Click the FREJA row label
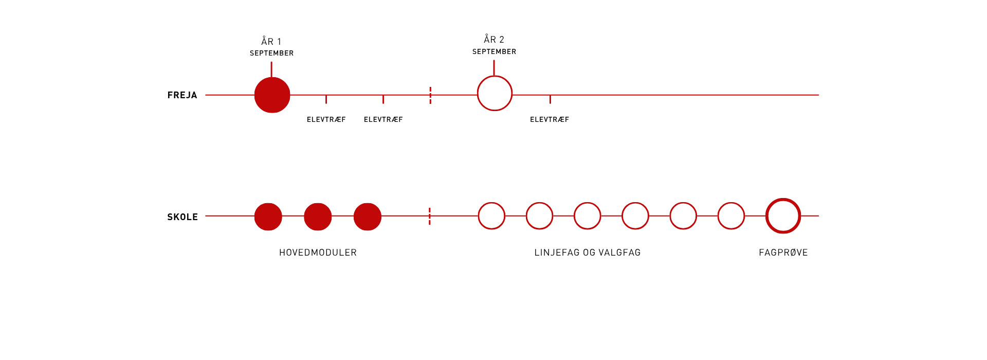click(182, 95)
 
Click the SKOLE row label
click(182, 217)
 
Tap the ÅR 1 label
click(271, 41)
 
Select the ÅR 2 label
click(494, 39)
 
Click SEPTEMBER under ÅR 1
click(271, 53)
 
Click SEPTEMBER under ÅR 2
click(494, 51)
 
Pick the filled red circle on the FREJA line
click(272, 95)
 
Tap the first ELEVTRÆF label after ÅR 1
click(326, 119)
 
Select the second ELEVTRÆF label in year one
click(383, 119)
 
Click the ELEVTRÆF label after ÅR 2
click(550, 119)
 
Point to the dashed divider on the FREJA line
click(430, 95)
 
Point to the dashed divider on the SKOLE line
click(429, 216)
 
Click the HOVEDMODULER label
click(318, 253)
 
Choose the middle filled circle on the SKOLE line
click(318, 217)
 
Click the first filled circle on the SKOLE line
click(268, 217)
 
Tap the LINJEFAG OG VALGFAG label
click(588, 253)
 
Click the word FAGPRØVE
click(783, 253)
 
